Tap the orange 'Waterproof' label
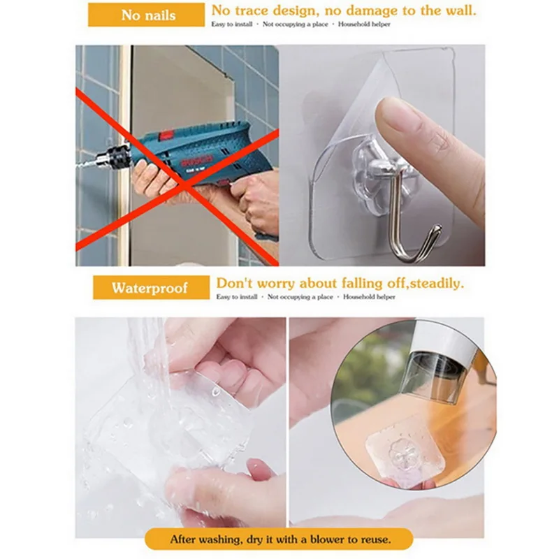[x=150, y=288]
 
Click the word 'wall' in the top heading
[x=458, y=10]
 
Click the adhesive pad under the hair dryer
[x=398, y=454]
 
